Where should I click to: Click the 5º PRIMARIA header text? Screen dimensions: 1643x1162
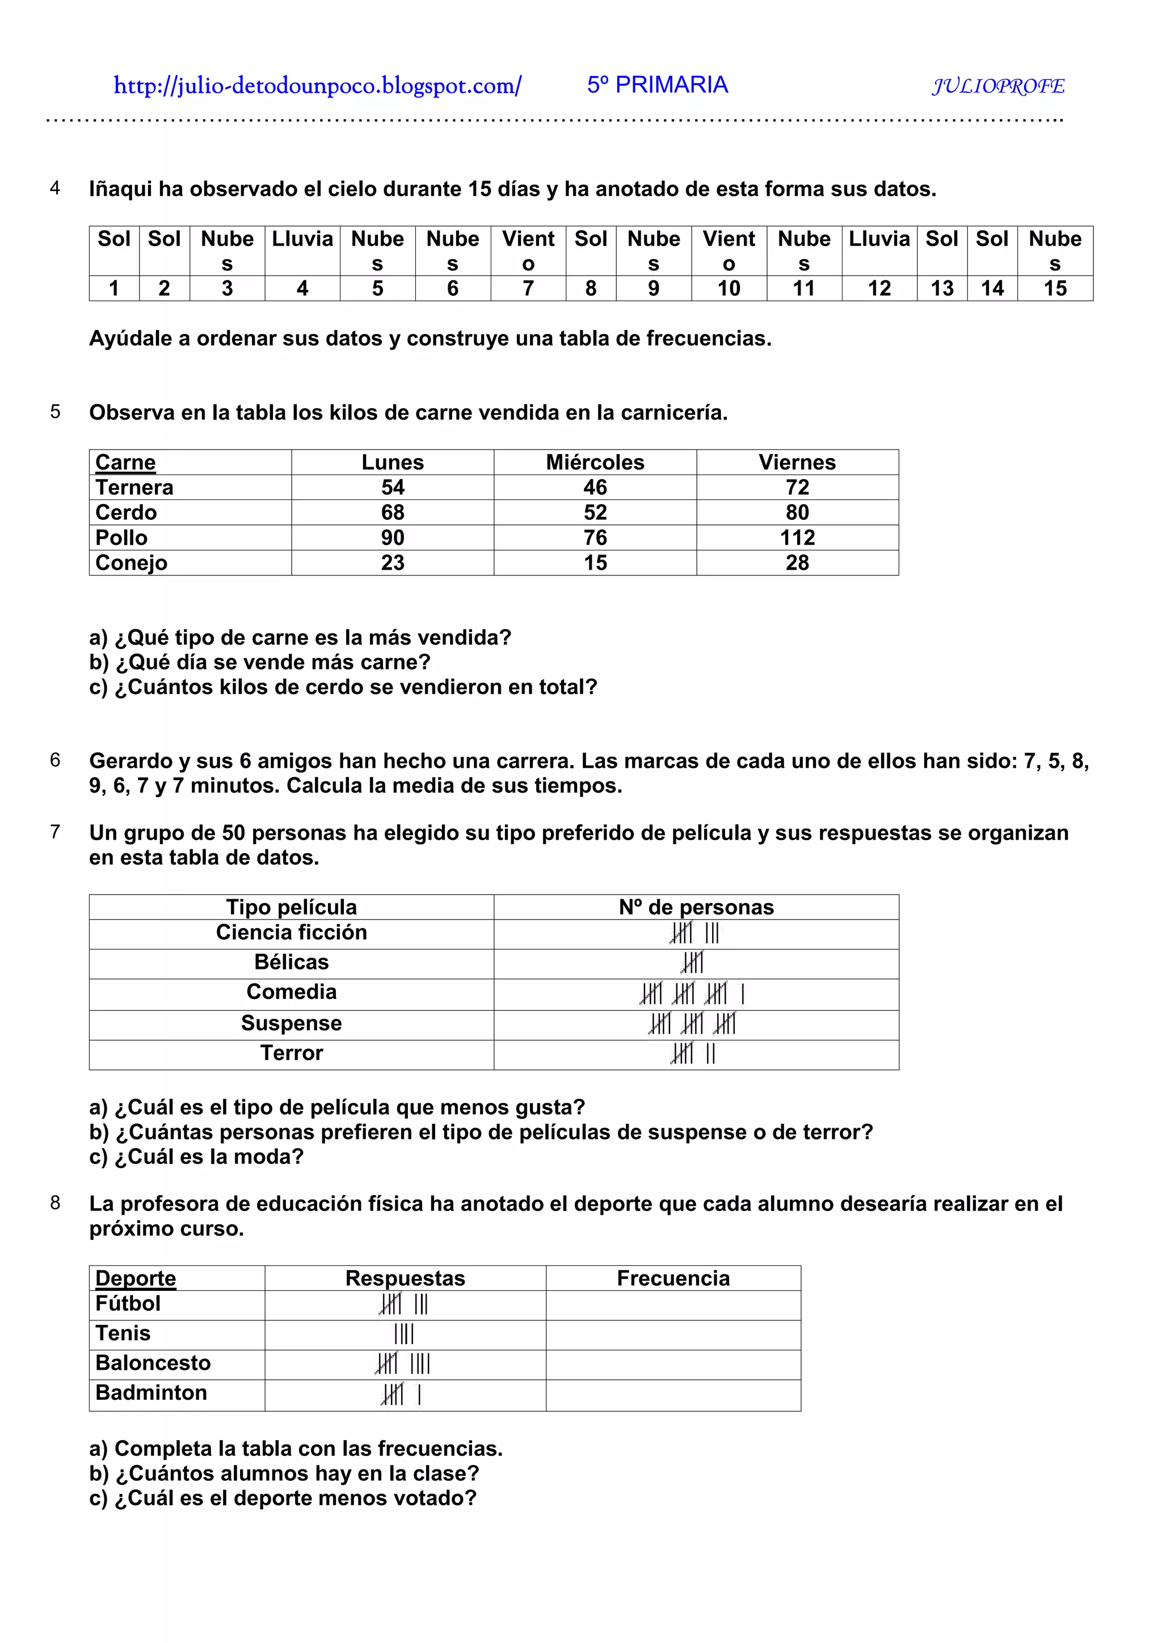657,85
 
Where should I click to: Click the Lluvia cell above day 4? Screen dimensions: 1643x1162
302,239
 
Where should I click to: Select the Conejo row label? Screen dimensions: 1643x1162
131,562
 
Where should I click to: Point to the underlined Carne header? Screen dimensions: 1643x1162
125,462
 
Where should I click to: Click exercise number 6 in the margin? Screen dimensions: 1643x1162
55,760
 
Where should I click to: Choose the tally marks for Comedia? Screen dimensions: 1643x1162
692,993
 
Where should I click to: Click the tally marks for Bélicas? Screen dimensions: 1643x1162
692,963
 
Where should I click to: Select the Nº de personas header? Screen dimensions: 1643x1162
696,907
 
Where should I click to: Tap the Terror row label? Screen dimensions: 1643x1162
292,1053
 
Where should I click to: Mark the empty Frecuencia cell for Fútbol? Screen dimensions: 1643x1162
672,1305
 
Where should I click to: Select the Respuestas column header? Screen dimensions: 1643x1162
405,1278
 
